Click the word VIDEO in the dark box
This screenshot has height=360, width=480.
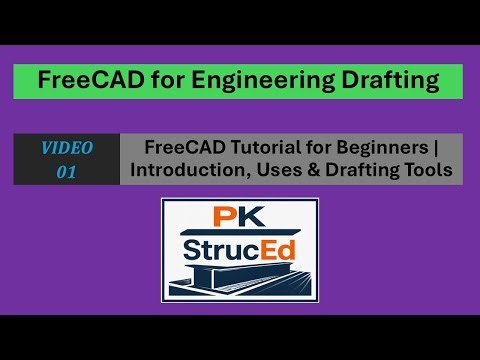tap(66, 148)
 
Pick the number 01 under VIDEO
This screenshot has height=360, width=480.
tap(66, 171)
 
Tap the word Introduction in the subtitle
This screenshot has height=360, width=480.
tap(188, 171)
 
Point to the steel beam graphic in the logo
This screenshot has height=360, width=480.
tap(240, 280)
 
